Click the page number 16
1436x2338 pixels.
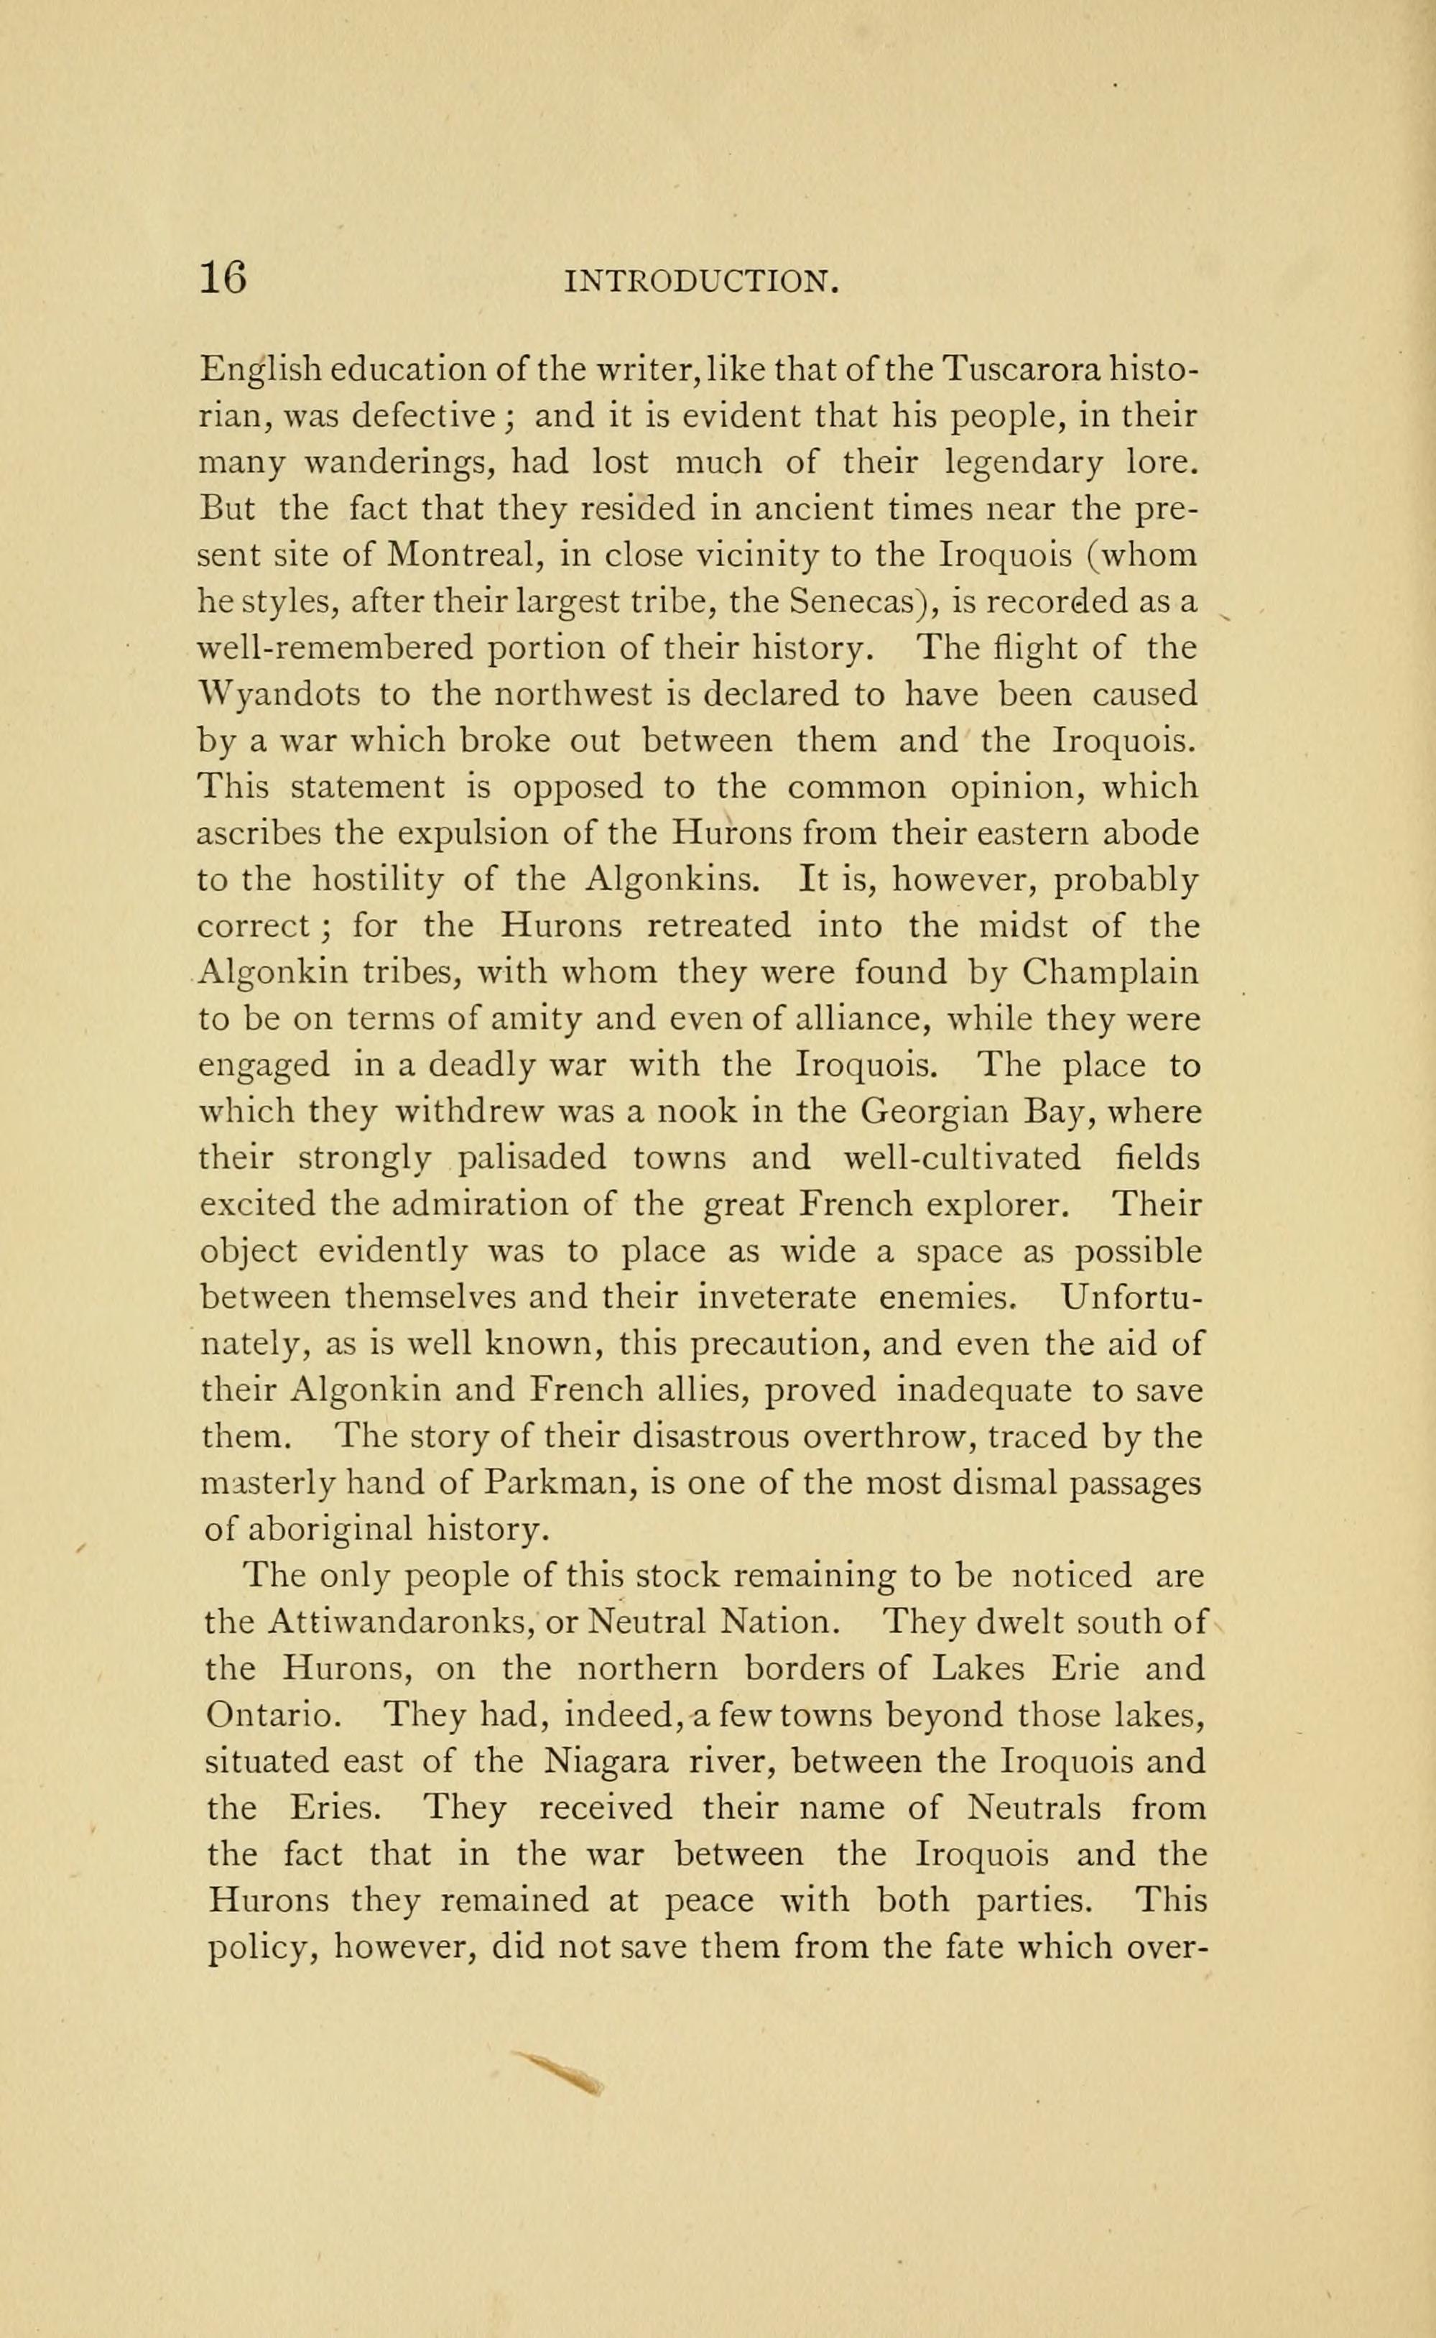223,279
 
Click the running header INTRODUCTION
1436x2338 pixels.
701,282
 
